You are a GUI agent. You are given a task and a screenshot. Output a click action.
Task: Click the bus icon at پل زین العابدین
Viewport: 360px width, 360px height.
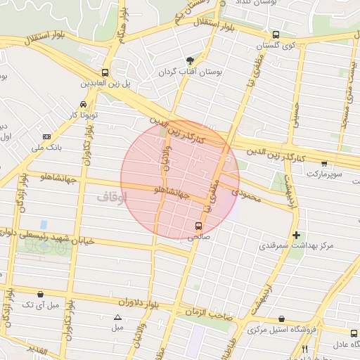click(x=105, y=72)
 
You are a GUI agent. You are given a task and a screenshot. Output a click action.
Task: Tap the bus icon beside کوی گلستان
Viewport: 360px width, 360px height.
click(x=275, y=34)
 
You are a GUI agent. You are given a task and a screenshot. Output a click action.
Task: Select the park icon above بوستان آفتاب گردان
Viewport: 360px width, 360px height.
click(x=189, y=60)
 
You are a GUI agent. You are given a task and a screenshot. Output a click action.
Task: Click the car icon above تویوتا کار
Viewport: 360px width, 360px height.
click(x=84, y=104)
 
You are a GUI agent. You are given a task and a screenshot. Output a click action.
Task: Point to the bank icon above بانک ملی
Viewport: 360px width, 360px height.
click(x=47, y=136)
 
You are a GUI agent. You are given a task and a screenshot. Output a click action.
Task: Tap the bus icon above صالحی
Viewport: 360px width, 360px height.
click(x=199, y=226)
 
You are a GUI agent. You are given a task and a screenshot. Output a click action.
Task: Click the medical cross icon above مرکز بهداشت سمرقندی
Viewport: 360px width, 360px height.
click(x=296, y=235)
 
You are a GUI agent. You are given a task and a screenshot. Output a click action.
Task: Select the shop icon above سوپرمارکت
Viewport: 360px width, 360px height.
click(x=323, y=163)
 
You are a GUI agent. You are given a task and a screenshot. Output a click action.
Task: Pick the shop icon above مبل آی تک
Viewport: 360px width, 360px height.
click(x=40, y=294)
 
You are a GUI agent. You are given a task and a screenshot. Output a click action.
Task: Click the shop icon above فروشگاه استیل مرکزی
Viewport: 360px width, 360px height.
click(x=282, y=319)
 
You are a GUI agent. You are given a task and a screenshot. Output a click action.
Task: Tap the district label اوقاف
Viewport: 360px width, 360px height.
click(x=112, y=198)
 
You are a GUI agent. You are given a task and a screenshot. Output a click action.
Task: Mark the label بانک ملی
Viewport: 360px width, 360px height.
click(x=47, y=148)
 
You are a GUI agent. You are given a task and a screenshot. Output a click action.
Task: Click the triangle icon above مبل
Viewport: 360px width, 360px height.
click(x=117, y=317)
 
